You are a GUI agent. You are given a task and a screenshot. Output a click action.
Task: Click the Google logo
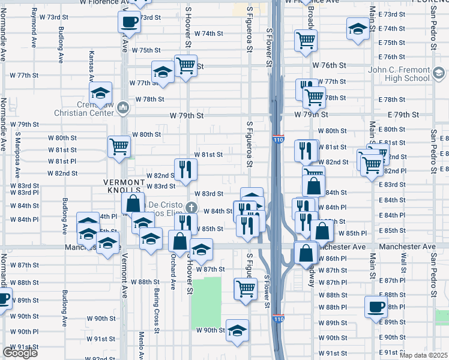[20, 353]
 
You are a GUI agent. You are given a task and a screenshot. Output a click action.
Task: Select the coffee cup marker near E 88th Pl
[376, 306]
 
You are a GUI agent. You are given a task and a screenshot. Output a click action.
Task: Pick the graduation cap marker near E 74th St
[358, 29]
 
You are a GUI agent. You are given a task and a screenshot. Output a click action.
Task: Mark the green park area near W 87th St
[206, 296]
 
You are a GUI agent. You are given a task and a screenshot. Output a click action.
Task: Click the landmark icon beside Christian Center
[124, 107]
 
